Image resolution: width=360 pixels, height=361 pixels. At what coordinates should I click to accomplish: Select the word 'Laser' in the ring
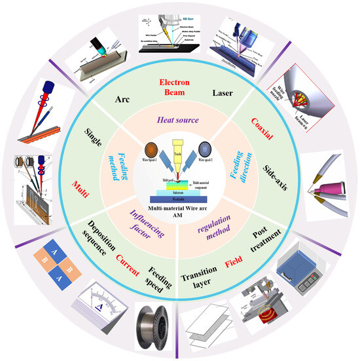coord(222,94)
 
